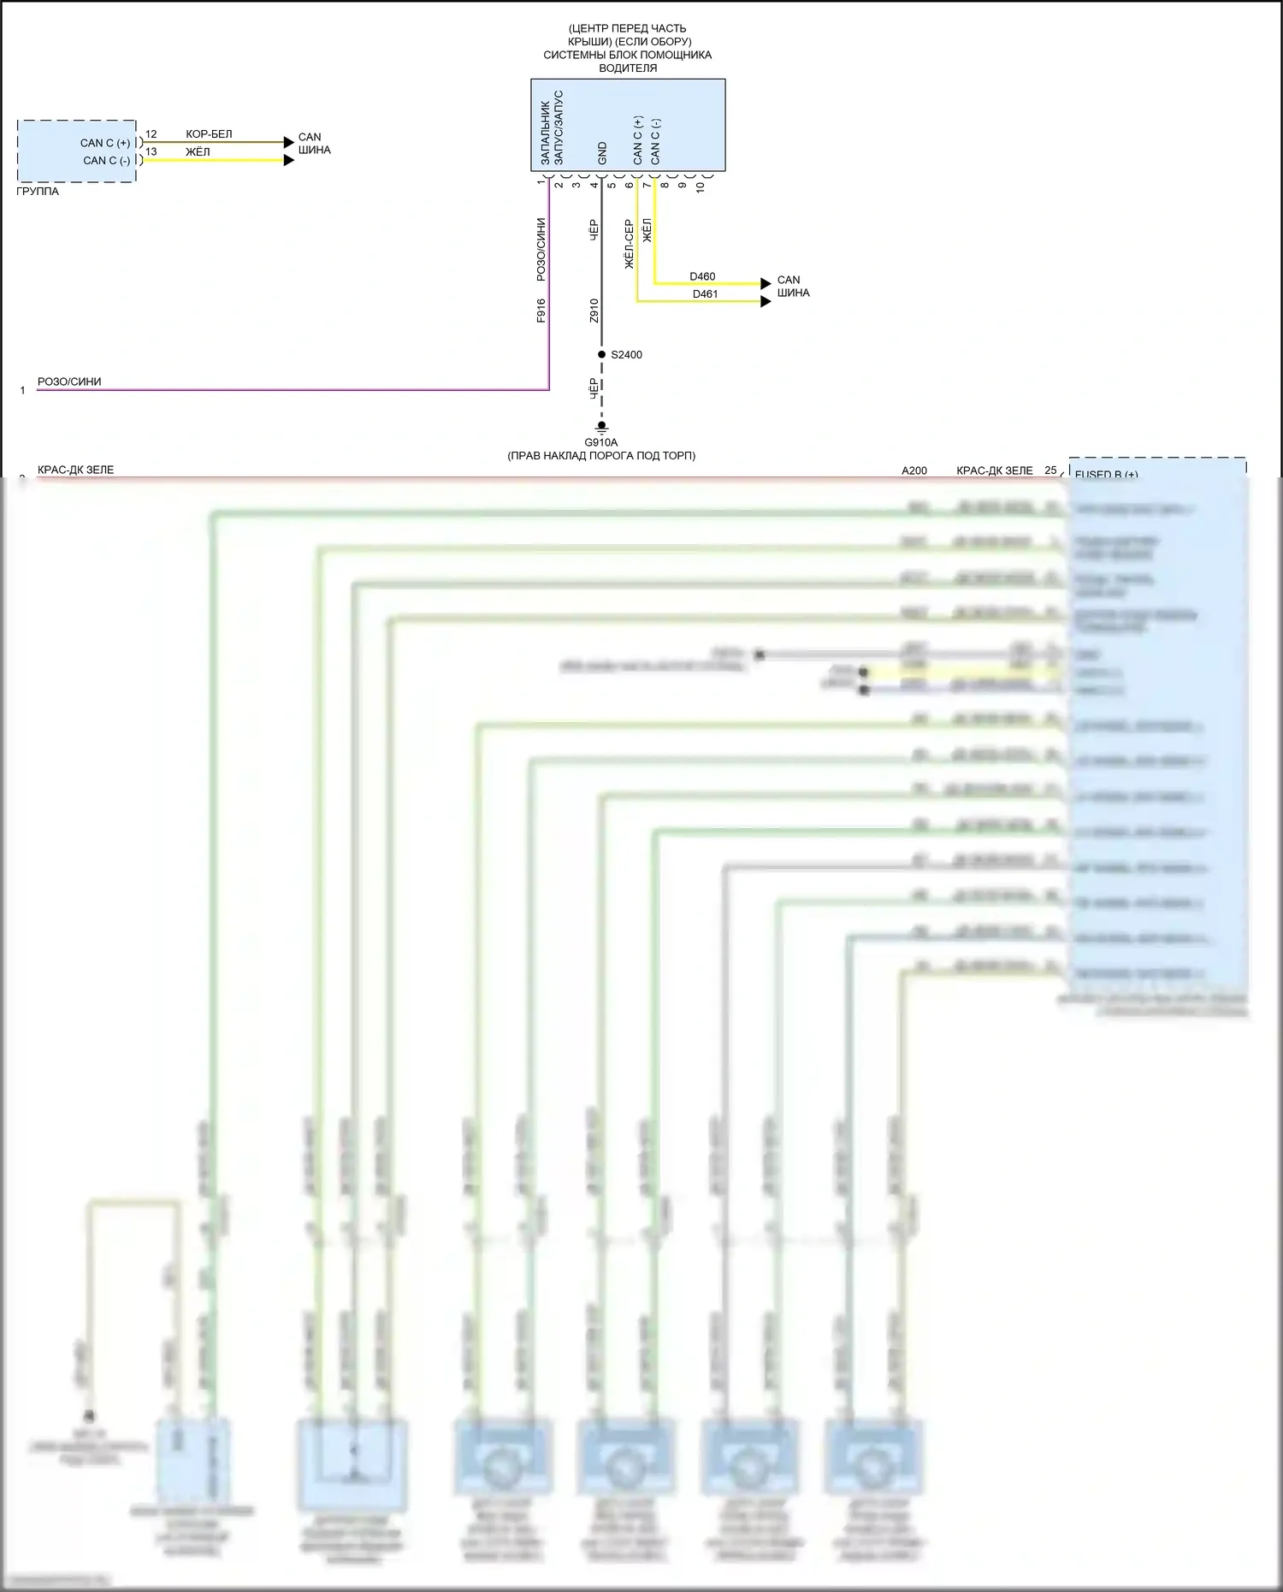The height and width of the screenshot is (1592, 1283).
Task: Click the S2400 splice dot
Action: [x=601, y=354]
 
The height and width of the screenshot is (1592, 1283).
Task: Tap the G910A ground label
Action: [x=600, y=442]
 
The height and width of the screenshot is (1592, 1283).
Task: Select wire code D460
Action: [x=702, y=276]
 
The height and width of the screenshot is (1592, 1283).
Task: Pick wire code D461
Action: [x=705, y=294]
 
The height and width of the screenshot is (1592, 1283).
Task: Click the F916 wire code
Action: [x=541, y=311]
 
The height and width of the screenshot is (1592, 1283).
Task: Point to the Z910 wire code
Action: [x=594, y=311]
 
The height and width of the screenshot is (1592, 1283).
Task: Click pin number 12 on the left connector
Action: [x=151, y=134]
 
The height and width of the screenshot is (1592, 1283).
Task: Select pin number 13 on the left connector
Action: [x=151, y=151]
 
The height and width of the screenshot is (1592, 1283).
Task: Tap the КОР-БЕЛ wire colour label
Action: [x=209, y=134]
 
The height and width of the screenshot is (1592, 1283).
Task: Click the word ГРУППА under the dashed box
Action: [x=38, y=192]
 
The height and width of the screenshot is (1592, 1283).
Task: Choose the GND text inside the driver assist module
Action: [x=602, y=153]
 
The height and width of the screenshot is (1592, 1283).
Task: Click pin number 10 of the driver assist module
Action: [x=701, y=186]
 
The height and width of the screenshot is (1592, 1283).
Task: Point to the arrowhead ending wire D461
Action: [x=766, y=301]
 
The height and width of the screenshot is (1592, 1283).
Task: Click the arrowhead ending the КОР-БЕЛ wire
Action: [x=289, y=143]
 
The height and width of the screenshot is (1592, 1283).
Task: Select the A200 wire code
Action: [x=913, y=470]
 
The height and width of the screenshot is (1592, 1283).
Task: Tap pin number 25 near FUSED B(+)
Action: [x=1050, y=470]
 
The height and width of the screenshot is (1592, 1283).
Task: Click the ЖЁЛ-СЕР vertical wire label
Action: [x=630, y=245]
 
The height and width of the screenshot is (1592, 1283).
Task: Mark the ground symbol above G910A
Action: [x=601, y=427]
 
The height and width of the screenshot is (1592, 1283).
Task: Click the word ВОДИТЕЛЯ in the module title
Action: [x=628, y=68]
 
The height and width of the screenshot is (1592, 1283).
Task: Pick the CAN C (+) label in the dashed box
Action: [x=105, y=143]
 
